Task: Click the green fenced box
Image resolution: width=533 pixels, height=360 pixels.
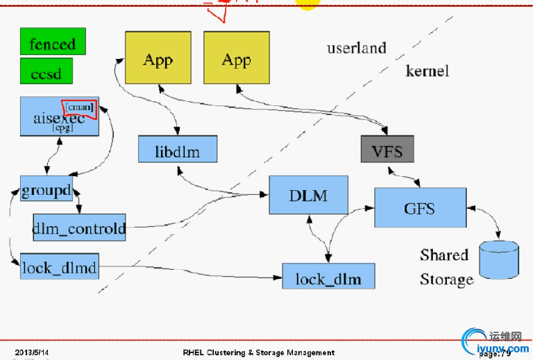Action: pyautogui.click(x=53, y=43)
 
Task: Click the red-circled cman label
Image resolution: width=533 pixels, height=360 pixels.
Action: pyautogui.click(x=79, y=106)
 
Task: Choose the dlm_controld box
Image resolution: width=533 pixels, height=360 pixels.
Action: pyautogui.click(x=79, y=227)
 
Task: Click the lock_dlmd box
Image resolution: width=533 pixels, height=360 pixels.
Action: pyautogui.click(x=59, y=266)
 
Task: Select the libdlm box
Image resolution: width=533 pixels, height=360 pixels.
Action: pyautogui.click(x=178, y=149)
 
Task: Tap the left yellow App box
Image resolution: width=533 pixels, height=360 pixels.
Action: pyautogui.click(x=158, y=59)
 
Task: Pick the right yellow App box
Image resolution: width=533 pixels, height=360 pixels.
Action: pyautogui.click(x=236, y=59)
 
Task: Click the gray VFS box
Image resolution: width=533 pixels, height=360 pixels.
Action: pyautogui.click(x=387, y=150)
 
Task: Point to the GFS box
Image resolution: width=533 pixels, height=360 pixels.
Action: pyautogui.click(x=420, y=207)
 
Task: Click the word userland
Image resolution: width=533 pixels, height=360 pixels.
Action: pyautogui.click(x=356, y=48)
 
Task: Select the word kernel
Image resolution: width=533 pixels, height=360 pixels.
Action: pyautogui.click(x=427, y=71)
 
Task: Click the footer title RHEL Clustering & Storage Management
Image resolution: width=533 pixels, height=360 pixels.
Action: pyautogui.click(x=259, y=352)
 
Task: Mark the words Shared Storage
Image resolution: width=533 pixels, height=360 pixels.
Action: pyautogui.click(x=446, y=267)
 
